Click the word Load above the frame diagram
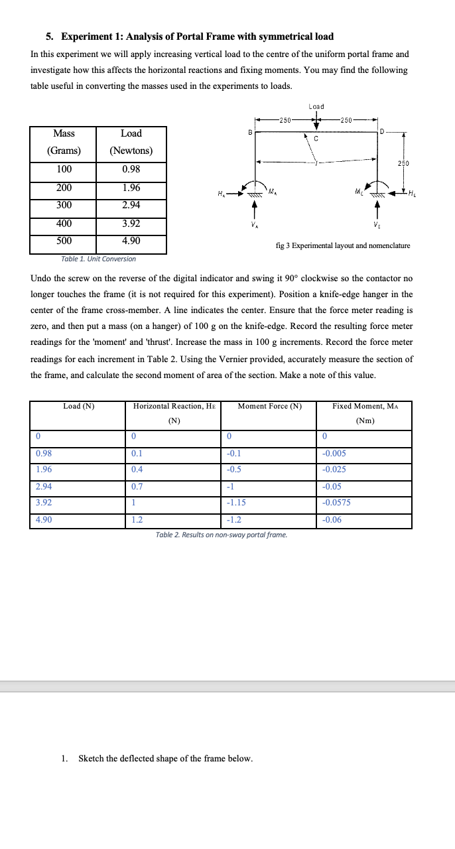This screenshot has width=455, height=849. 316,106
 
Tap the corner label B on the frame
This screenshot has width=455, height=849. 250,132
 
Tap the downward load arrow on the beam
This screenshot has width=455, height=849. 316,123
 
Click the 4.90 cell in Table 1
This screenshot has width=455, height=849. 131,241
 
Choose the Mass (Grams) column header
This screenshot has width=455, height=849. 63,142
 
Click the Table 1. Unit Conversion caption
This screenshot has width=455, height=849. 98,259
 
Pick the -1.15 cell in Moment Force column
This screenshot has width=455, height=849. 236,502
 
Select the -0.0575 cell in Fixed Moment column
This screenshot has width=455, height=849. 336,502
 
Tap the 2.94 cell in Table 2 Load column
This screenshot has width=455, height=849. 44,486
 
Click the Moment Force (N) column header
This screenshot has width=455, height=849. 269,406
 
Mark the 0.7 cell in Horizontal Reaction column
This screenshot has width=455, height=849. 138,486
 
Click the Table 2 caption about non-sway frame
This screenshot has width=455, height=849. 222,535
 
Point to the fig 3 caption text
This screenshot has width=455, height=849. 342,245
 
